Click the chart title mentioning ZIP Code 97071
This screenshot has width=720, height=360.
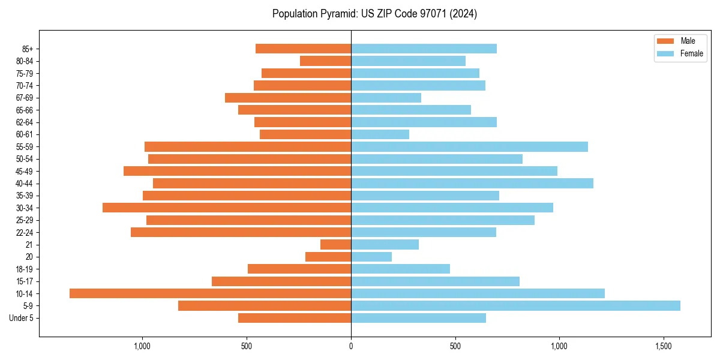[x=374, y=14]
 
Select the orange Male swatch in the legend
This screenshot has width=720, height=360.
[x=665, y=41]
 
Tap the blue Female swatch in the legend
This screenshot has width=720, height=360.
[x=665, y=53]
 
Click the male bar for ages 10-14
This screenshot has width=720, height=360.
[x=210, y=293]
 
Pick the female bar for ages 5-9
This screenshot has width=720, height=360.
[x=515, y=305]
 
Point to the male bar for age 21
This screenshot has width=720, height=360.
[x=335, y=244]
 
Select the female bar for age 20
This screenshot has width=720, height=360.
[x=371, y=257]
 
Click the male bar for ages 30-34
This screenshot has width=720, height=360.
[x=227, y=208]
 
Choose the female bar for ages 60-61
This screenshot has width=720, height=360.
[x=380, y=134]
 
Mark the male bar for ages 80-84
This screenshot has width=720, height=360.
[x=325, y=61]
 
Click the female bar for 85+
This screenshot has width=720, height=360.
[x=424, y=49]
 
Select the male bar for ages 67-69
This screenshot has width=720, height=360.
[x=288, y=98]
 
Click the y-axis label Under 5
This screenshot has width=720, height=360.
[x=21, y=318]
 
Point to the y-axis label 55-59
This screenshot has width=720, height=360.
[x=25, y=146]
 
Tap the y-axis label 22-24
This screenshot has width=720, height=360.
[x=25, y=232]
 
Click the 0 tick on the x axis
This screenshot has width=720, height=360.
[x=351, y=346]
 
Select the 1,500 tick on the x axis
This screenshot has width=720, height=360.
[x=663, y=346]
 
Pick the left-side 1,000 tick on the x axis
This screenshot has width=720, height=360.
[x=142, y=346]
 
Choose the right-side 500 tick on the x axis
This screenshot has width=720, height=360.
[x=455, y=346]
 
